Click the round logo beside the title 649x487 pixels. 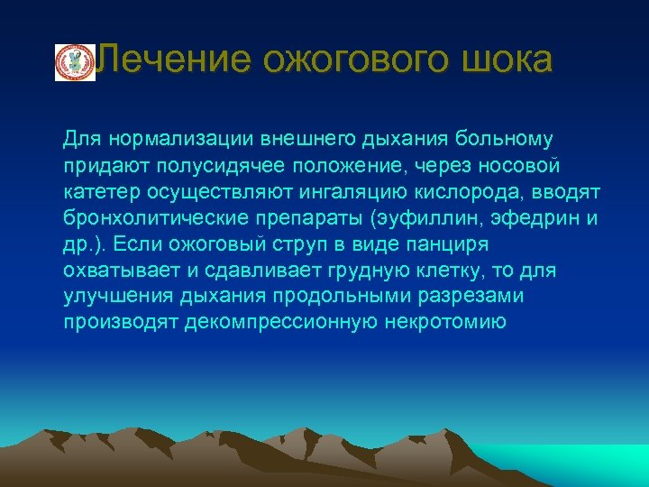pyautogui.click(x=75, y=62)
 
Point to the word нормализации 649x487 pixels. pyautogui.click(x=179, y=140)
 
